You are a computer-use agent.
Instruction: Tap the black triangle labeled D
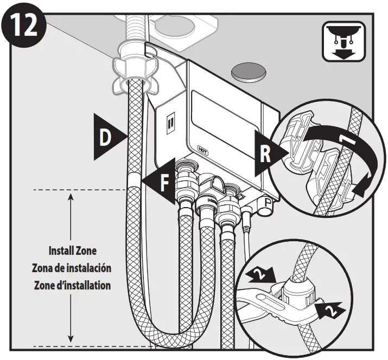tap(106, 137)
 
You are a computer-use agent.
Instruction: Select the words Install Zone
tap(72, 252)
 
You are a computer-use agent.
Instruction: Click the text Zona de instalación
tap(72, 268)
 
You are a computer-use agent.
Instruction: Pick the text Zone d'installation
tap(72, 285)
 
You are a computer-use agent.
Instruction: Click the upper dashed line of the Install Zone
tap(81, 190)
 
